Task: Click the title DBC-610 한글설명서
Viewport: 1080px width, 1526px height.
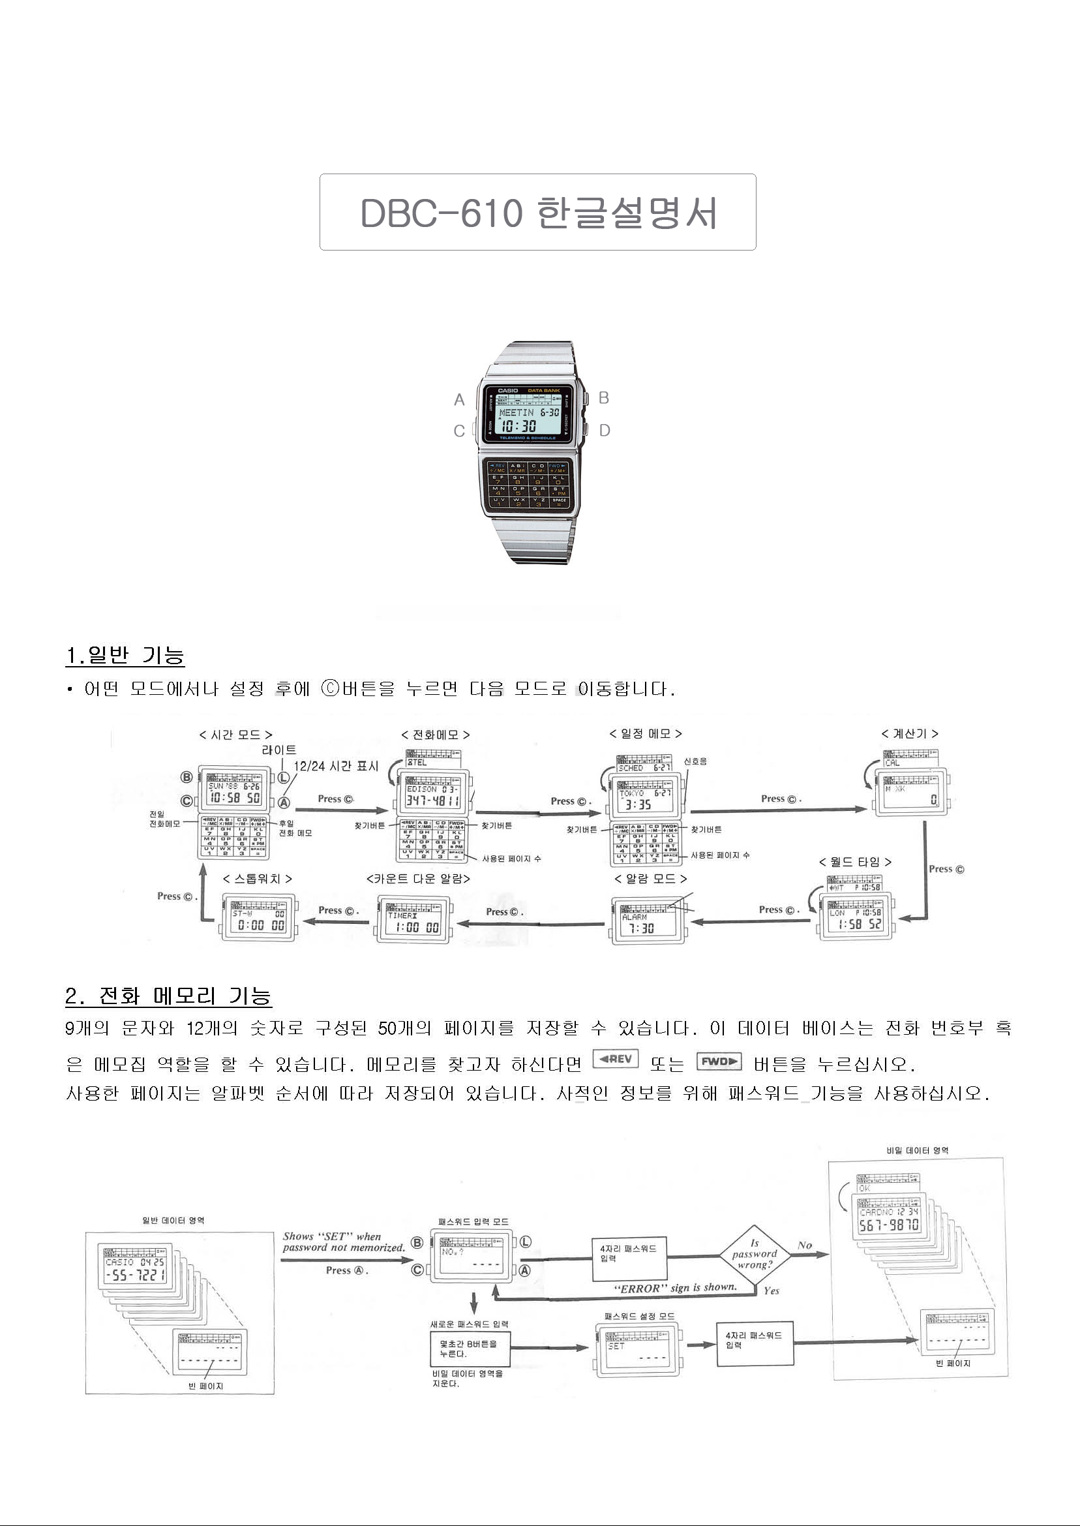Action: point(537,213)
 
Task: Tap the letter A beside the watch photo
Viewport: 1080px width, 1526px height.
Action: point(459,400)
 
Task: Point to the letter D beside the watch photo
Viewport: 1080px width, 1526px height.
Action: point(604,431)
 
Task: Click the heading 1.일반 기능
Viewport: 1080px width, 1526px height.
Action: point(125,655)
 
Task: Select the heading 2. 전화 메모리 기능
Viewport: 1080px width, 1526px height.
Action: point(169,996)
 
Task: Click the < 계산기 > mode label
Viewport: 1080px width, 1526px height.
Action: point(909,734)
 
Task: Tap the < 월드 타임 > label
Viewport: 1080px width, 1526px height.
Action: point(855,862)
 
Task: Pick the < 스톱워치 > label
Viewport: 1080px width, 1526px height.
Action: point(258,879)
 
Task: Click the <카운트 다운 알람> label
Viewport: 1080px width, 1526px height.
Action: point(418,879)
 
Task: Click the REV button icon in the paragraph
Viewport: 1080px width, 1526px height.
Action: point(615,1058)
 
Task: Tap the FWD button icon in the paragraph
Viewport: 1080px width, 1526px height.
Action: point(719,1061)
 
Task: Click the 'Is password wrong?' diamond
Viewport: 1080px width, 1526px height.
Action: point(755,1254)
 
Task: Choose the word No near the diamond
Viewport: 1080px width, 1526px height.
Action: point(805,1245)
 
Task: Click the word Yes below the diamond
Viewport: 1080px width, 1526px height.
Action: point(772,1291)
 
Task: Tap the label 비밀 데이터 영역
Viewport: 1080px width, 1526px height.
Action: point(917,1150)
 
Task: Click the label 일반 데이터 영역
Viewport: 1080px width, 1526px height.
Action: point(173,1221)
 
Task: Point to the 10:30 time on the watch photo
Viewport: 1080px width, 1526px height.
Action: point(518,426)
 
